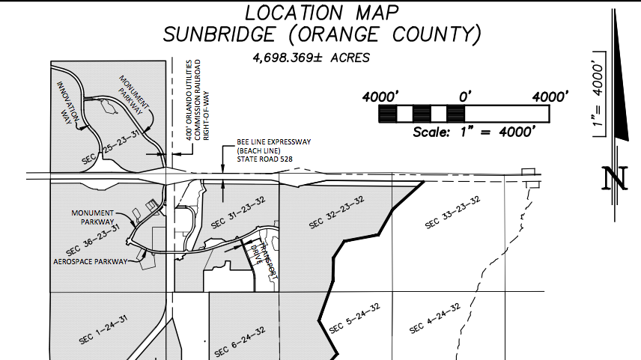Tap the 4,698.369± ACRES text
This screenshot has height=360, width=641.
click(x=312, y=58)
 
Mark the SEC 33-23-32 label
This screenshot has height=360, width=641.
click(x=451, y=213)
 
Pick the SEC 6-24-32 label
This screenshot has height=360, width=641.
click(x=240, y=341)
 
